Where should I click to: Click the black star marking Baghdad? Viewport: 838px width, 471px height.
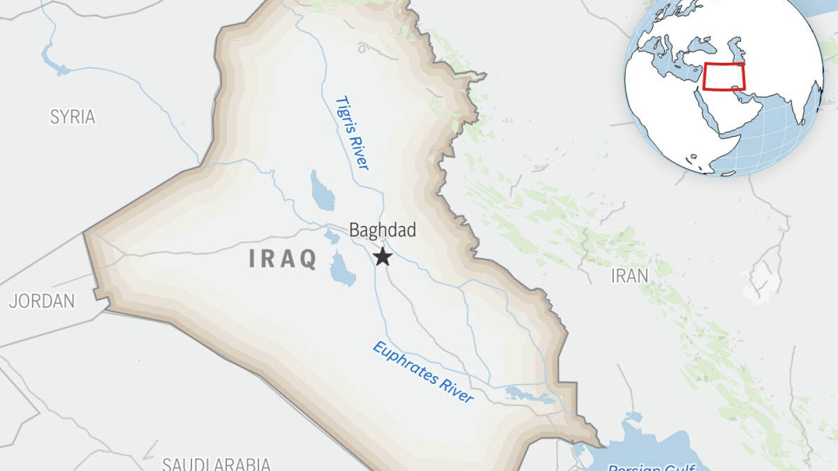[x=382, y=256]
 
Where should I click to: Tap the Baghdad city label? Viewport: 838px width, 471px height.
[x=382, y=230]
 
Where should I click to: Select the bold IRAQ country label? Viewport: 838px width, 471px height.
[x=283, y=258]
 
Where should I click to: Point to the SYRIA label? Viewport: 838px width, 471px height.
[x=72, y=117]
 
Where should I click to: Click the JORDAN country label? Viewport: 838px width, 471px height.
[x=42, y=301]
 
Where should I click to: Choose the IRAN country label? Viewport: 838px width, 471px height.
[x=630, y=276]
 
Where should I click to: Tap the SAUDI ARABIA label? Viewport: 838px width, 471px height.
[x=216, y=463]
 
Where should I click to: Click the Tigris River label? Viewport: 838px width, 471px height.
[x=352, y=133]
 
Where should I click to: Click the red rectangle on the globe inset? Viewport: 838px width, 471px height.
[x=724, y=77]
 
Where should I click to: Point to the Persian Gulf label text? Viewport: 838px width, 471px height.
[x=652, y=466]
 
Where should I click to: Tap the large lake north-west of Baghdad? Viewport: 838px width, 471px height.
[x=322, y=191]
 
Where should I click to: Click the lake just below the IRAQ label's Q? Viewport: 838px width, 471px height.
[x=342, y=269]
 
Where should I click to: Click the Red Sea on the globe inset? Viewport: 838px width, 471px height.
[x=706, y=105]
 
